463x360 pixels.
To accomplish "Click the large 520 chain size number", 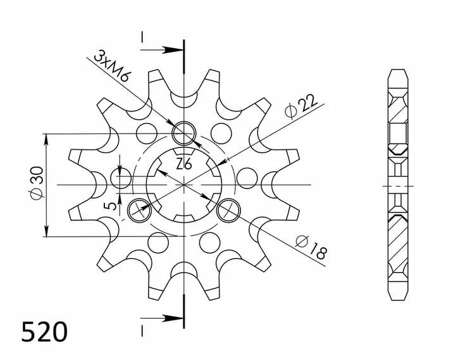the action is [x=44, y=332].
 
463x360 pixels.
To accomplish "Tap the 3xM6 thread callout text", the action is [x=112, y=67].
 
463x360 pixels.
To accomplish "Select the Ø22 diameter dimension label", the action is [x=301, y=107].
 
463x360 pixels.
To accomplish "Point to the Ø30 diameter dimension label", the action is [x=37, y=182].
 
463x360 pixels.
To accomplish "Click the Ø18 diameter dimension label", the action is [x=312, y=247].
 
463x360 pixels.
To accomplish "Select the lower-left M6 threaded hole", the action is [x=139, y=210].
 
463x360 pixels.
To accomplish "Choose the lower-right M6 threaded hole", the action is [x=229, y=210].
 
